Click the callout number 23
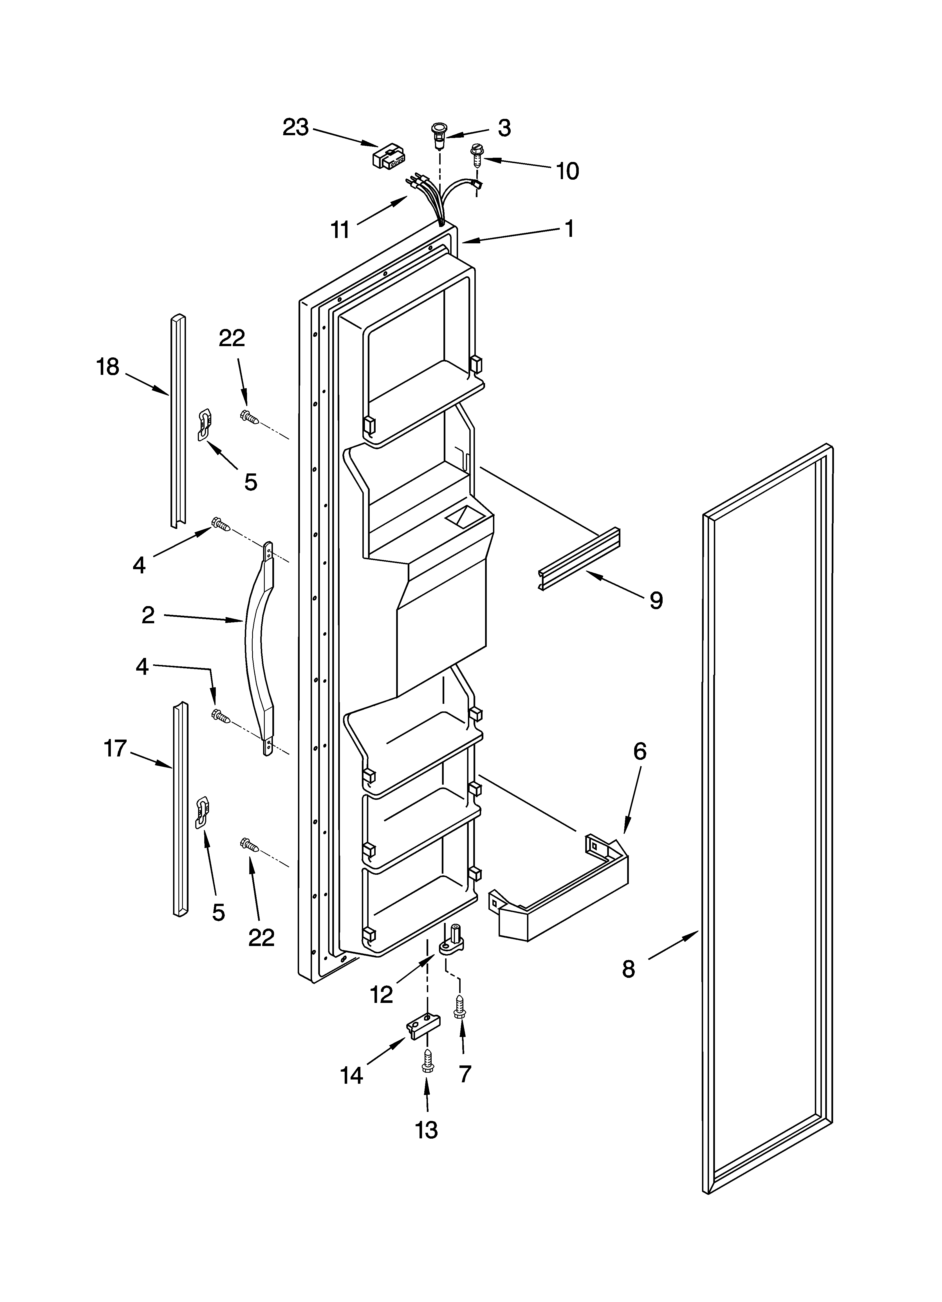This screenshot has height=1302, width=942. (295, 128)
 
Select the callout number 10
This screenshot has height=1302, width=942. (568, 171)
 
